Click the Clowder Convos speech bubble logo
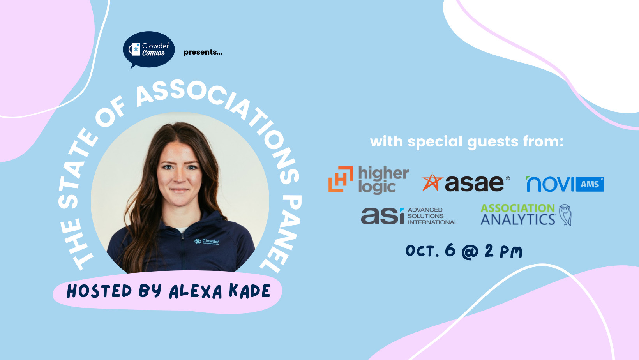[148, 49]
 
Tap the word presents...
[203, 52]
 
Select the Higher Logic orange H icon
[341, 179]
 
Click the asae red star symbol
[432, 182]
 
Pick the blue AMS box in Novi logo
[590, 184]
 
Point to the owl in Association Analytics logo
[565, 215]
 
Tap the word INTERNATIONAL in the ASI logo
[432, 222]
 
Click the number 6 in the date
[450, 250]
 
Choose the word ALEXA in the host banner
[196, 291]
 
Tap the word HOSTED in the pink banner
[99, 291]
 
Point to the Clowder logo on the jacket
[207, 242]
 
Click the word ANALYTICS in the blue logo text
[518, 219]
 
